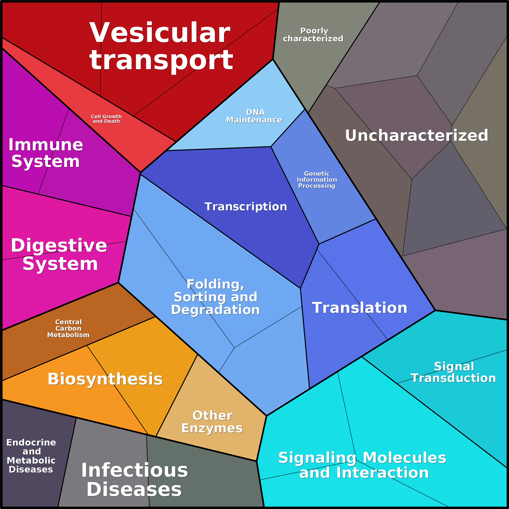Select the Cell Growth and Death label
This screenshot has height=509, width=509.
coord(106,119)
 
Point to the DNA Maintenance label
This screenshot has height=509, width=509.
coord(254,116)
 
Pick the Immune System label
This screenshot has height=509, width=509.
coord(46,153)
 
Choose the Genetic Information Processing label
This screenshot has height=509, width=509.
coord(317,180)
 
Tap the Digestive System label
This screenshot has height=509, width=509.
coord(59,254)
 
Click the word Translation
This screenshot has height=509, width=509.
coord(360,308)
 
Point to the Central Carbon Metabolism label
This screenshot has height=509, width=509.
coord(68,328)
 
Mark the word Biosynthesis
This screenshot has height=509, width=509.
coord(105,379)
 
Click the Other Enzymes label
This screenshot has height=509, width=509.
coord(212,422)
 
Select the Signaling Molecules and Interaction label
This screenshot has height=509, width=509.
coord(363,465)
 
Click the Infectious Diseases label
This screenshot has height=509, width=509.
coord(134,480)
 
